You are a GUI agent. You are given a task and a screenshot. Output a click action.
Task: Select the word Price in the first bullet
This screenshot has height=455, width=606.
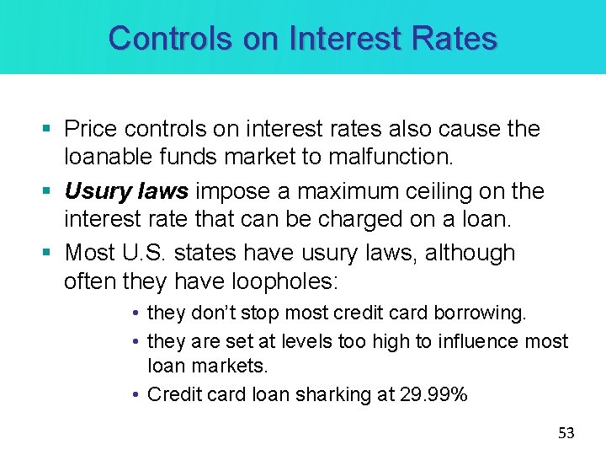pyautogui.click(x=91, y=129)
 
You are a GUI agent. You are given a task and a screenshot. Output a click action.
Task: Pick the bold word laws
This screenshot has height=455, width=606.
pyautogui.click(x=165, y=191)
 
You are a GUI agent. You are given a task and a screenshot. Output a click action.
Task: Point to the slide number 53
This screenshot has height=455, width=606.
pyautogui.click(x=566, y=433)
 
